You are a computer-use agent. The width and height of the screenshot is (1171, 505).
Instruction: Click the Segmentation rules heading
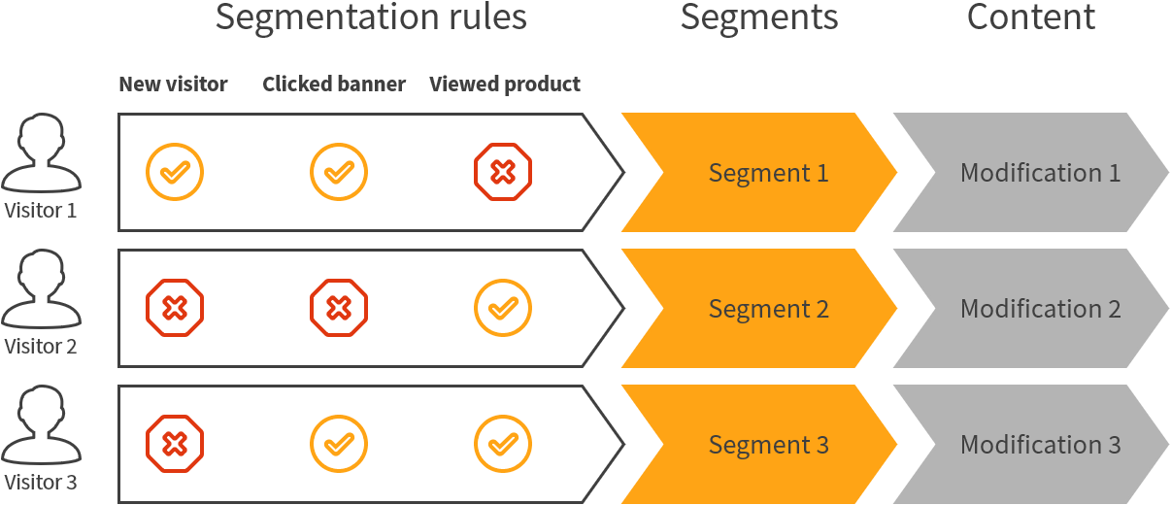[x=371, y=17]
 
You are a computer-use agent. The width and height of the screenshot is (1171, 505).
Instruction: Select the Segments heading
[x=759, y=17]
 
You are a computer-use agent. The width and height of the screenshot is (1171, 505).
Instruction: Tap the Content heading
[x=1031, y=17]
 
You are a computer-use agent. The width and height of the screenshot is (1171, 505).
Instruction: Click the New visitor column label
[x=173, y=84]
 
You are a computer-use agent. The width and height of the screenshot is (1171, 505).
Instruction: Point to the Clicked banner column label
[x=334, y=84]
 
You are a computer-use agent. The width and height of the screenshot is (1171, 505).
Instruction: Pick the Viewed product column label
[x=505, y=84]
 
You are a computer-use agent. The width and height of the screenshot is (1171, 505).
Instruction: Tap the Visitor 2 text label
[x=41, y=346]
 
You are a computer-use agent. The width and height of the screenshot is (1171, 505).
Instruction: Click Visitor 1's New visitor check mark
[x=175, y=173]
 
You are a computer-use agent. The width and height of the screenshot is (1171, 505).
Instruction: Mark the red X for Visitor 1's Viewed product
[x=503, y=173]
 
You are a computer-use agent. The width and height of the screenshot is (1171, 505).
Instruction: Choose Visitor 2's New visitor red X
[x=175, y=309]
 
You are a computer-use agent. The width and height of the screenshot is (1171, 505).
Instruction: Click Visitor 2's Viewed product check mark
[x=503, y=309]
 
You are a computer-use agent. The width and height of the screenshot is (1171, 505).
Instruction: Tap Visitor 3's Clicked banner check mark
[x=339, y=445]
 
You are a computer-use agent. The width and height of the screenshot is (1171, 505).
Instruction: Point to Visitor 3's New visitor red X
[x=175, y=445]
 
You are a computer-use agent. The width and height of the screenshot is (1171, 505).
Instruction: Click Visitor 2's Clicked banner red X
[x=339, y=309]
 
